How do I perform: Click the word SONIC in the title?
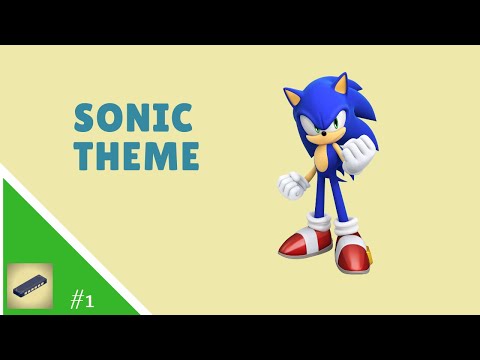point(133,119)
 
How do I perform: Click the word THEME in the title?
point(137,157)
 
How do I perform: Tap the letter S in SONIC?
point(85,119)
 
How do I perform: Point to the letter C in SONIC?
point(182,119)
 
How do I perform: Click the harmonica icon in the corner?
point(30,286)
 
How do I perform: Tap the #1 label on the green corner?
point(82,299)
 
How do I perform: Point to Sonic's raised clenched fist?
point(356,154)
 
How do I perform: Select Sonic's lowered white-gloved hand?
point(291,186)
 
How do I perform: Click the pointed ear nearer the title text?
point(296,98)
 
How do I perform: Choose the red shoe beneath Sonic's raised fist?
point(352,255)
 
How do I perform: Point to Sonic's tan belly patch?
point(323,159)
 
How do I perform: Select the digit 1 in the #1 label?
point(90,300)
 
